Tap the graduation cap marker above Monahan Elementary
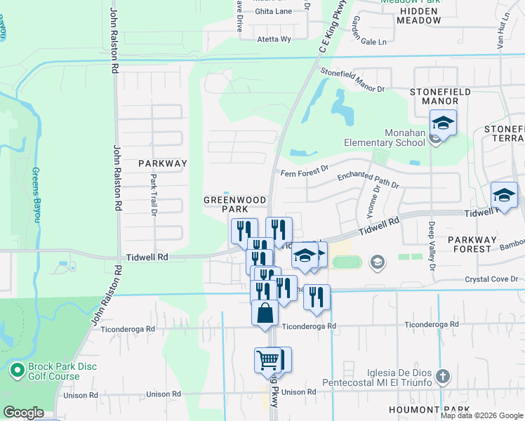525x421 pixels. coord(443,124)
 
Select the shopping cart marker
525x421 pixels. coord(268,361)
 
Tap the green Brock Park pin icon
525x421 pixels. coord(18,368)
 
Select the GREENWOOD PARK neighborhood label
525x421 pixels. coord(235,204)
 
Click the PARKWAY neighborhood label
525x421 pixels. coord(163,163)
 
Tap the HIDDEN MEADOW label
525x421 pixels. coord(418,16)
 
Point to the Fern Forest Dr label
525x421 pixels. coord(305,169)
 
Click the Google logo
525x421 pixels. coord(23,413)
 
